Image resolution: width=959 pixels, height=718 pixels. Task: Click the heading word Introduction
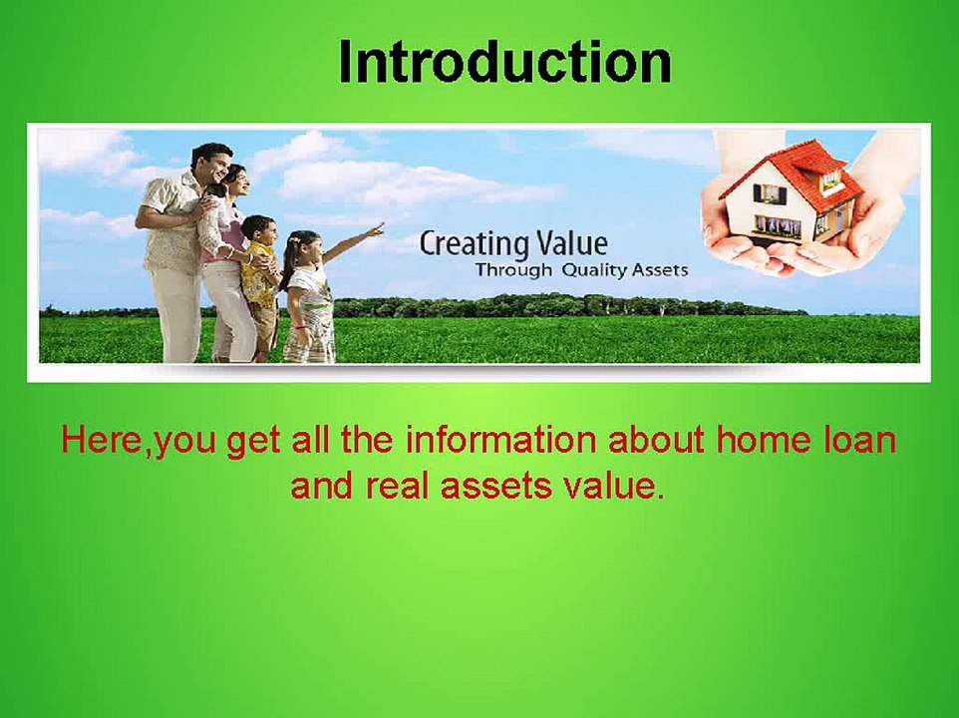[x=505, y=63]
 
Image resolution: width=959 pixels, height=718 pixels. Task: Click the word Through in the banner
[x=513, y=270]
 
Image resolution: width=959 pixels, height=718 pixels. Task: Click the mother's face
[x=239, y=181]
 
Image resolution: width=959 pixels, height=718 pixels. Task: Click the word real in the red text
[x=397, y=486]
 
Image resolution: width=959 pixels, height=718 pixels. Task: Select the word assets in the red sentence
[x=494, y=487]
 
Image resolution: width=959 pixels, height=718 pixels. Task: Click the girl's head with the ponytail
[x=305, y=246]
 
